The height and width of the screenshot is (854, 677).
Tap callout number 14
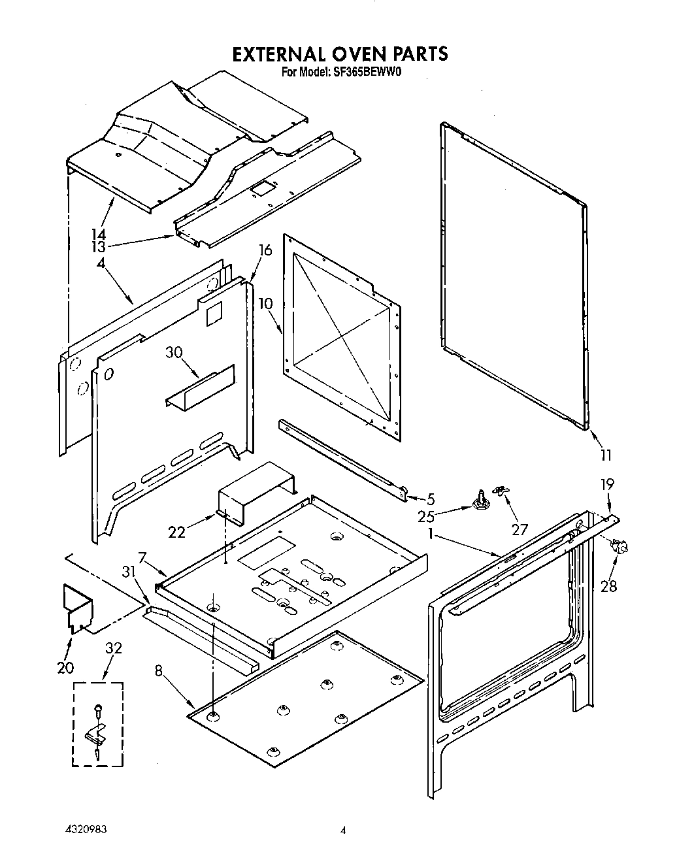tap(99, 234)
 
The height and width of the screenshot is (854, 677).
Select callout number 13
tap(99, 246)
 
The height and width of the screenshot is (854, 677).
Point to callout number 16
tap(265, 250)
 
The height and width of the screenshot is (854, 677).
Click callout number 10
tap(265, 304)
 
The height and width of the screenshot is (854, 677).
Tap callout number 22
tap(177, 533)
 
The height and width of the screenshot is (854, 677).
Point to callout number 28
tap(608, 585)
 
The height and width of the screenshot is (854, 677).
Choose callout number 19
tap(607, 484)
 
